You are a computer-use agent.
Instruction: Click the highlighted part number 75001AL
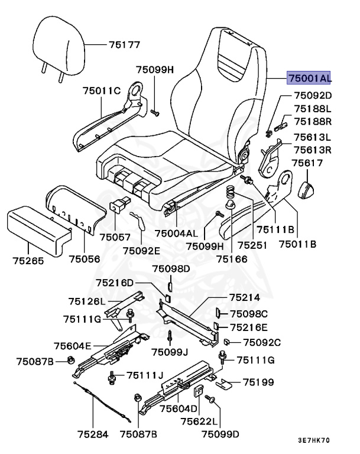(309, 77)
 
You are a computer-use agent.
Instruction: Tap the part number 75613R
(313, 150)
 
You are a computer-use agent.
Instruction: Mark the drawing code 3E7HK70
(314, 440)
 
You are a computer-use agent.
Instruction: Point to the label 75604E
(72, 346)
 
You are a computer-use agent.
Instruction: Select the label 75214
(245, 299)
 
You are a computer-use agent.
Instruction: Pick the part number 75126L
(86, 301)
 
